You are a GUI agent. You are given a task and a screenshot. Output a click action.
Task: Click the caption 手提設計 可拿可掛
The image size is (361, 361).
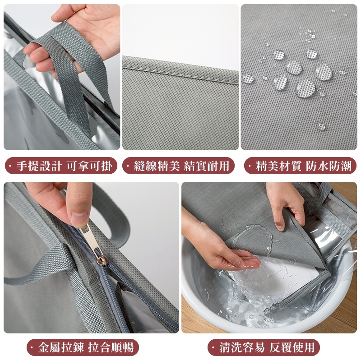pyautogui.click(x=64, y=166)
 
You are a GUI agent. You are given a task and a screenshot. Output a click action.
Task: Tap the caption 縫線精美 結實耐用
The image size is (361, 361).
pyautogui.click(x=182, y=166)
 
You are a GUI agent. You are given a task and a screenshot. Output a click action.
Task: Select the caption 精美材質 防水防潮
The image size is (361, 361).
pyautogui.click(x=304, y=166)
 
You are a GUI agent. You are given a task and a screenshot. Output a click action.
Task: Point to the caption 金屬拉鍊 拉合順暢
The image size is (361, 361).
pyautogui.click(x=86, y=347)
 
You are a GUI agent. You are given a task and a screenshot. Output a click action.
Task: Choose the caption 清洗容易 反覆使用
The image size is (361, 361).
pyautogui.click(x=267, y=347)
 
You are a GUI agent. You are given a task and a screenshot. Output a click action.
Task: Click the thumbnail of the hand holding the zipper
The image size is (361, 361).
pyautogui.click(x=91, y=257)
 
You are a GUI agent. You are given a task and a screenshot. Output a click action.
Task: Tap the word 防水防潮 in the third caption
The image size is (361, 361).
pyautogui.click(x=329, y=166)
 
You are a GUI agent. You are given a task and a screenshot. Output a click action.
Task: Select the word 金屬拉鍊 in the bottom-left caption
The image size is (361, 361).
pyautogui.click(x=61, y=347)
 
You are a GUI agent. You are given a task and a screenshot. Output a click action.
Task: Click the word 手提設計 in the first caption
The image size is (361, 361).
pyautogui.click(x=39, y=166)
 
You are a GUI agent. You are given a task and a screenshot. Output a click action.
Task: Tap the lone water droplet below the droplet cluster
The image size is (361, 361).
pyautogui.click(x=322, y=126)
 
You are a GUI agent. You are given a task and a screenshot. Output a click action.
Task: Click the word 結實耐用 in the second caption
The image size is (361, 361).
pyautogui.click(x=207, y=166)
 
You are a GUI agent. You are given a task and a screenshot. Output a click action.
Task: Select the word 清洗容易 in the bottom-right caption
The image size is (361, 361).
pyautogui.click(x=242, y=347)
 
